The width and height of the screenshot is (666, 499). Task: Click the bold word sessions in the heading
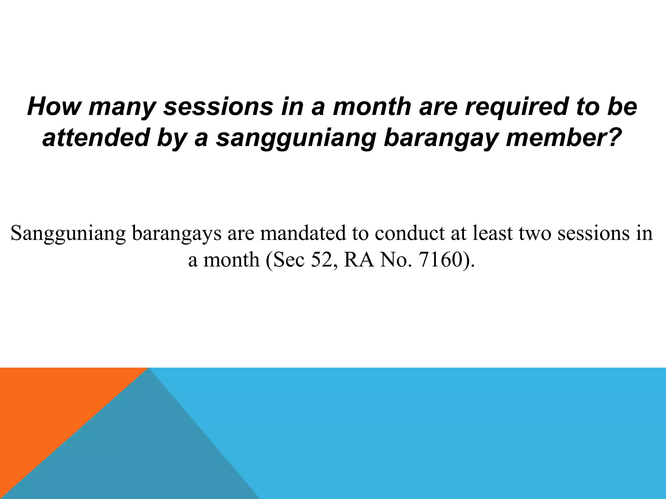click(x=218, y=107)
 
